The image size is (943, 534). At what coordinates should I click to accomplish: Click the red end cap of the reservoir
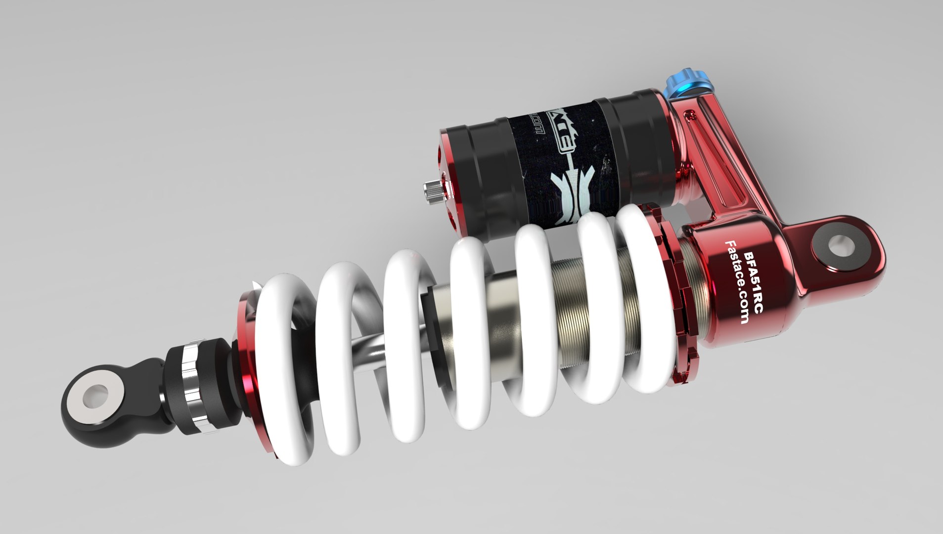coord(450,178)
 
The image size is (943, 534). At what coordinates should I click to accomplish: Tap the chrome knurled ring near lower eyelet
coord(190,381)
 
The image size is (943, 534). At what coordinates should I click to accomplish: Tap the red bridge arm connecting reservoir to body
coord(712,163)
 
